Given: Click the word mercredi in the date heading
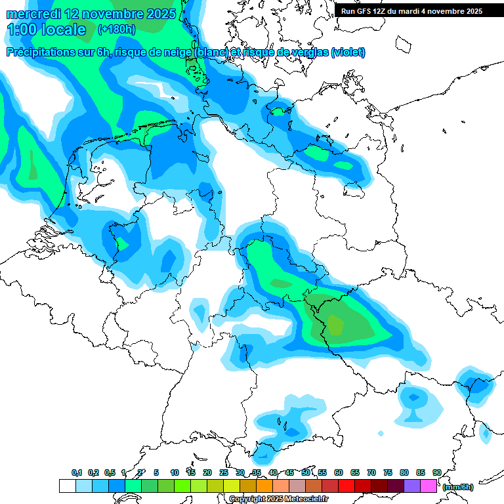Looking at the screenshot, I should [31, 13].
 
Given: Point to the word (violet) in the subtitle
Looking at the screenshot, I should [348, 52].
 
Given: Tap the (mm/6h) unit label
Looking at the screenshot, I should [457, 487].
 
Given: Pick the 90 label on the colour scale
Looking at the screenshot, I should [436, 472].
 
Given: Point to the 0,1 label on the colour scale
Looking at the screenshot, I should [76, 472].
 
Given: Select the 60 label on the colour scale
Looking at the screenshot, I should [339, 472].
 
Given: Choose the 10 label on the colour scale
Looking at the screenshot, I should [175, 472].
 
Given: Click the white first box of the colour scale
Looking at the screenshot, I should [67, 486].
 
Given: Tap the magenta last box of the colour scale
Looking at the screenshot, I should [429, 486].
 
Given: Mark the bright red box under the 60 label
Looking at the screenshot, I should [346, 486].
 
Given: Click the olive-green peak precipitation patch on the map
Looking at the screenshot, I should [335, 324].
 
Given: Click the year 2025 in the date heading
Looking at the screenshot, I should [159, 13].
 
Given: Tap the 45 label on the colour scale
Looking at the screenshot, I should [289, 472].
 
